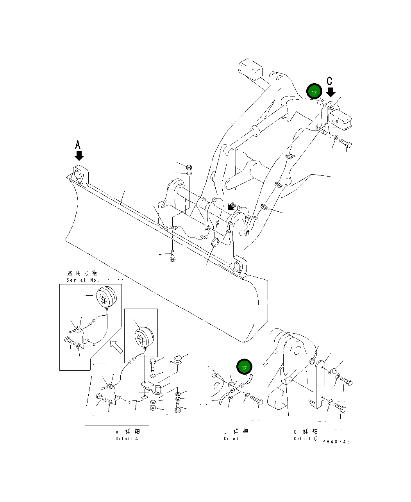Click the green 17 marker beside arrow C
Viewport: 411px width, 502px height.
click(314, 92)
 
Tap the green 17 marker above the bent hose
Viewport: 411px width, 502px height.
click(244, 367)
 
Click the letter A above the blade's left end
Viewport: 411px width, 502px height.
click(78, 145)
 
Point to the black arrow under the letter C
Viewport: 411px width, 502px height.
click(331, 92)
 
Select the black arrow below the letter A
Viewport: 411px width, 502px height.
click(79, 156)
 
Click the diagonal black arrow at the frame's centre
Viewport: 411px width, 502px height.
click(231, 206)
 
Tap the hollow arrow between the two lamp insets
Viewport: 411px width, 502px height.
click(116, 346)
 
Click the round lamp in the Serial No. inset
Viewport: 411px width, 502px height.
click(106, 297)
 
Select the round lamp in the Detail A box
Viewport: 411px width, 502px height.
click(143, 336)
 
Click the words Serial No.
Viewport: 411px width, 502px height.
click(83, 280)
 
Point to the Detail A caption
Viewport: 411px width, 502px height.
click(127, 439)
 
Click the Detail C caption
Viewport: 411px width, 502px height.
click(306, 439)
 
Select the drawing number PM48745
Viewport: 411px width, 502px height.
click(336, 442)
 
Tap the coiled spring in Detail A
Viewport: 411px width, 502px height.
click(179, 359)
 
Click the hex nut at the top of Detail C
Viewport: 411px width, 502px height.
click(312, 361)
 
